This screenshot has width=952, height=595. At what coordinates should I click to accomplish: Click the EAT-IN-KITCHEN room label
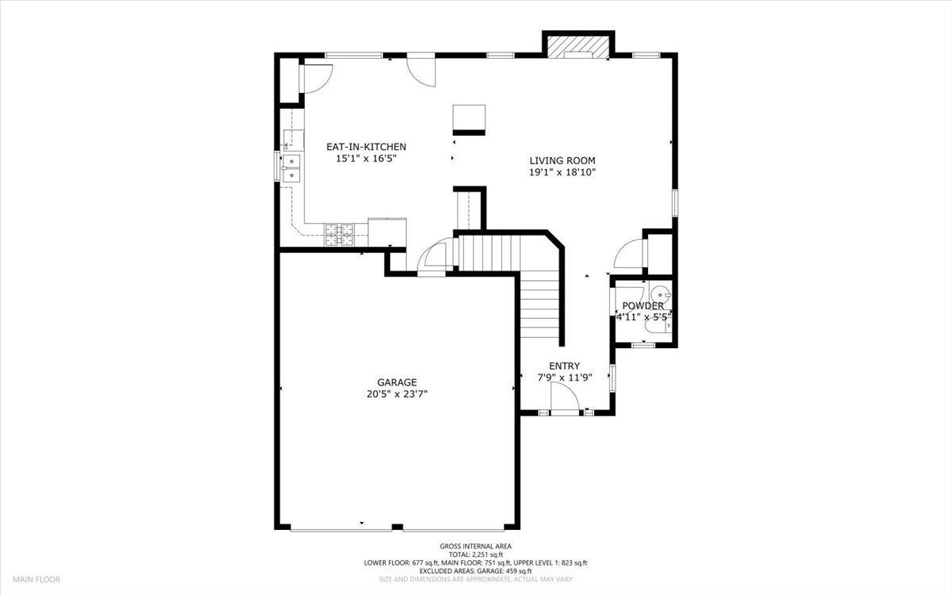pos(366,147)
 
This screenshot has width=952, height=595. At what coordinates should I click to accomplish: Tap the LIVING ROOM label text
pos(562,160)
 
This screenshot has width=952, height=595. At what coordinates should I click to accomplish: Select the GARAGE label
pos(397,382)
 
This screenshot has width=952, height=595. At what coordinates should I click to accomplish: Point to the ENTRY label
pos(564,366)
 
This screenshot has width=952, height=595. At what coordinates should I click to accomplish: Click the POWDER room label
pos(643,306)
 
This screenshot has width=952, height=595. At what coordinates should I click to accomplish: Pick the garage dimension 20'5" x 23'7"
pos(397,394)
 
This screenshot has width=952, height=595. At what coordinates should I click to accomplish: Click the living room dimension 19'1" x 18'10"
pos(562,173)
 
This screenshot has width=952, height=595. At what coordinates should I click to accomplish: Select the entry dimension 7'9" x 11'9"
pos(565,378)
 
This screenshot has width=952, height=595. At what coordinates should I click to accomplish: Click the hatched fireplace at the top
pos(578,47)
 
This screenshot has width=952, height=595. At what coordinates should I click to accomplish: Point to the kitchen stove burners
pos(340,235)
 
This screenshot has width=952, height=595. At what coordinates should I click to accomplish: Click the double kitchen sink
pos(292,168)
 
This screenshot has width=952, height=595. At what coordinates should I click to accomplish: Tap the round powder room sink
pos(660,294)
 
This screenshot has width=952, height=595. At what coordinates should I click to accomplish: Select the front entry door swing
pos(564,396)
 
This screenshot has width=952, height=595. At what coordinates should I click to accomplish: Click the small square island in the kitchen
pos(469,120)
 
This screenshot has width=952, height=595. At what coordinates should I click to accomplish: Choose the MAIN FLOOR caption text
pos(36,579)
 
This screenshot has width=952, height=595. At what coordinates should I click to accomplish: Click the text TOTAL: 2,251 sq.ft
pos(476,555)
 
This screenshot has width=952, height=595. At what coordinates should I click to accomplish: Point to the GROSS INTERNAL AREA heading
pos(475,547)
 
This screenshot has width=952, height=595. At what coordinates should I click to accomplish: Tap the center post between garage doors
pos(397,527)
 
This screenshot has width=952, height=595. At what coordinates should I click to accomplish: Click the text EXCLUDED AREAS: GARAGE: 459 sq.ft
pos(475,570)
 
